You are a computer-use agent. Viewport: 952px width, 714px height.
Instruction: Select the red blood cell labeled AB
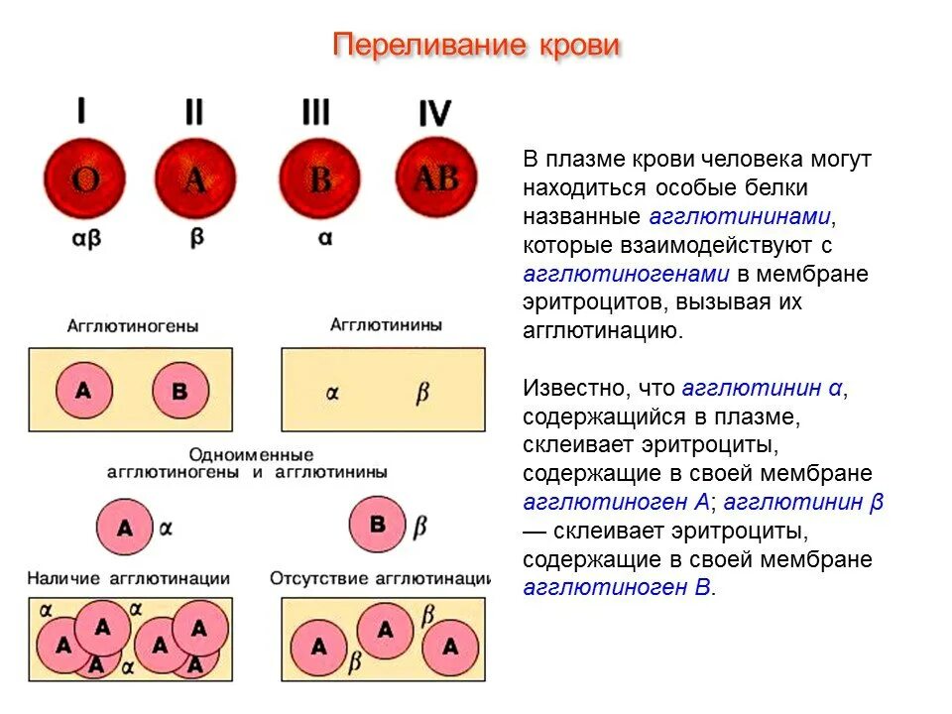click(436, 178)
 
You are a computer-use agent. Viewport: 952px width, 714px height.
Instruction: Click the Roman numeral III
click(315, 112)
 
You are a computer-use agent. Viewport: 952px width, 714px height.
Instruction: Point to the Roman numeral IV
click(434, 114)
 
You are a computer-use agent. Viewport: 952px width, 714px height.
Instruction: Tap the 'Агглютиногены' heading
click(133, 325)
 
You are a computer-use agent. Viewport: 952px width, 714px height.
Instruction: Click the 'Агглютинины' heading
click(386, 324)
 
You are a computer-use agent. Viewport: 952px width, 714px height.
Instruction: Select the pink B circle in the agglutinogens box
click(180, 390)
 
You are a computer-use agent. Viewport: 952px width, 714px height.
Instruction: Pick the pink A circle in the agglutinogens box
click(82, 390)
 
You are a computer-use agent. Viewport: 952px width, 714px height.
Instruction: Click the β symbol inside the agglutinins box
click(422, 393)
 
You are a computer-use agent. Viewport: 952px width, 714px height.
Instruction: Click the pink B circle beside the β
click(377, 524)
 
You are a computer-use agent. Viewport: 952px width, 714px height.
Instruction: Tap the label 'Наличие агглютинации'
click(129, 578)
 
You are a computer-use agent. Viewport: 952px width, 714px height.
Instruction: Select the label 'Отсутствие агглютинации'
click(381, 578)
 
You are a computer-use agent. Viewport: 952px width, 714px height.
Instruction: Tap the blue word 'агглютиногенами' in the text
click(626, 274)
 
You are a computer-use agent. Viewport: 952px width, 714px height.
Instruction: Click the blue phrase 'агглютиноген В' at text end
click(617, 588)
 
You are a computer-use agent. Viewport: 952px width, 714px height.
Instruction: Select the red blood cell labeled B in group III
click(318, 179)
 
